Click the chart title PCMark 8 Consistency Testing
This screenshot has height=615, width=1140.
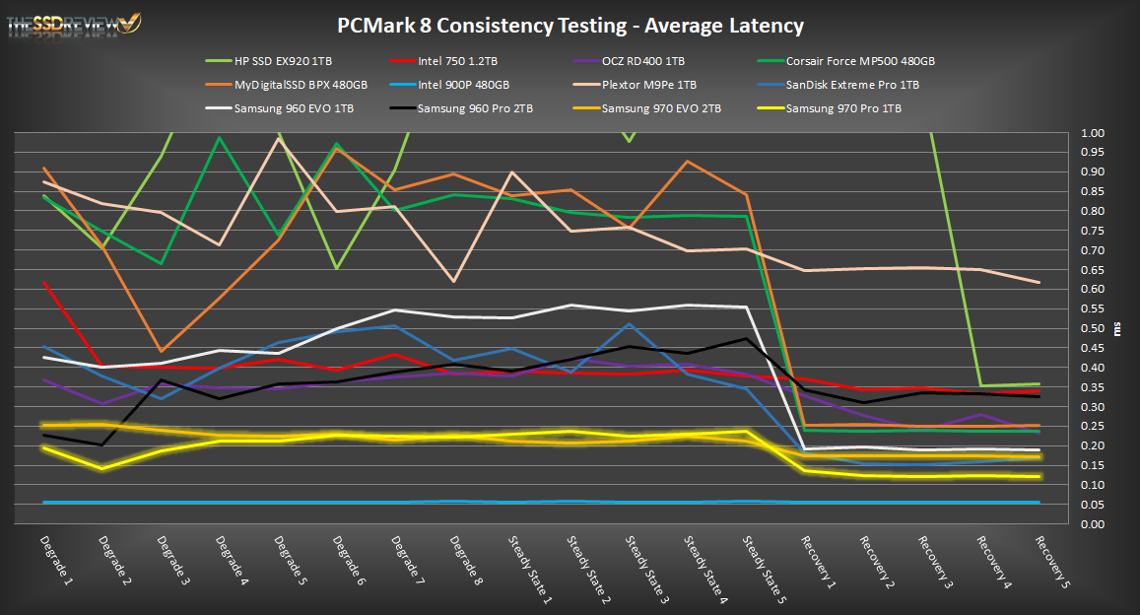click(x=570, y=27)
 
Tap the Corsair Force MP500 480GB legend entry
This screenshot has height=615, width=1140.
click(x=860, y=61)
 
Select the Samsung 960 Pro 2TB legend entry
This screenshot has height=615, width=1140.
click(x=473, y=107)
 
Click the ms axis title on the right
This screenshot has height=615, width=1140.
click(x=1116, y=328)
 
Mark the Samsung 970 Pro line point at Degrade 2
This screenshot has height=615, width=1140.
click(x=102, y=468)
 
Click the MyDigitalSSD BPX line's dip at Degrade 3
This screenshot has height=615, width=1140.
click(x=161, y=351)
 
